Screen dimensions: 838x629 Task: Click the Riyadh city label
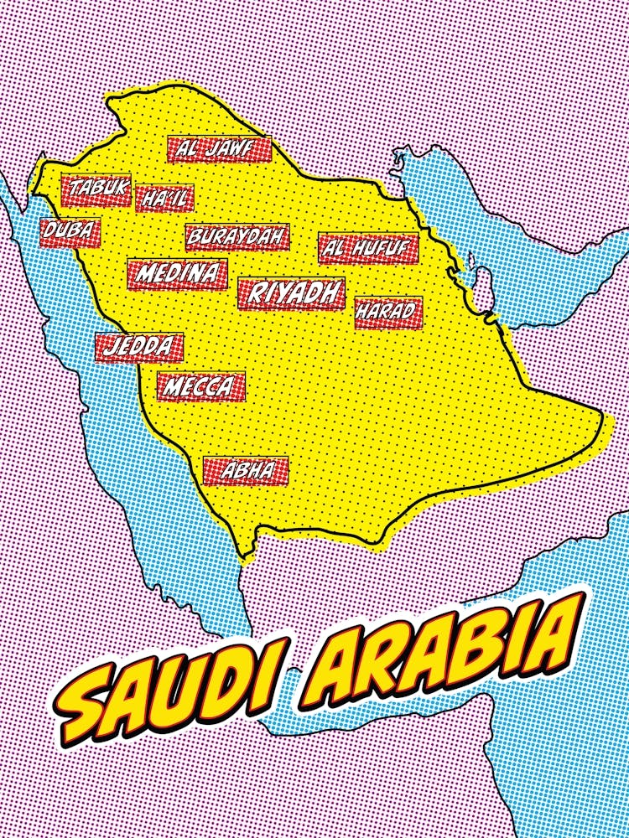(291, 293)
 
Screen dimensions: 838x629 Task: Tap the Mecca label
(200, 387)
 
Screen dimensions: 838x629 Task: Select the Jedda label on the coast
(139, 346)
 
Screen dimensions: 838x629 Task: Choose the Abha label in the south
(246, 471)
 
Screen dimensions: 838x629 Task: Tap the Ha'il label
(164, 199)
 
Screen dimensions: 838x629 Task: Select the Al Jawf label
(220, 149)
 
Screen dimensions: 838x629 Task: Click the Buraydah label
(237, 237)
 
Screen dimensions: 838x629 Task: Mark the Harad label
(387, 312)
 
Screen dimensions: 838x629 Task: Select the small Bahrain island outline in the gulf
(472, 277)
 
